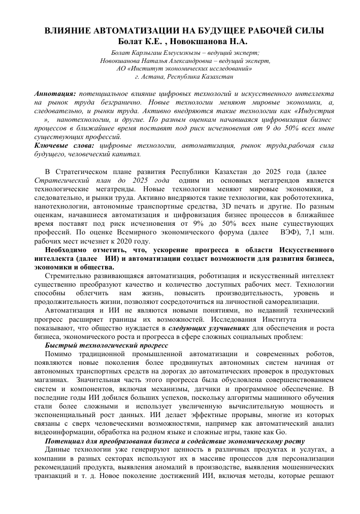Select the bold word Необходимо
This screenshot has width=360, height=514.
point(66,250)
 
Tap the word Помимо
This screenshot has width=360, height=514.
point(58,354)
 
